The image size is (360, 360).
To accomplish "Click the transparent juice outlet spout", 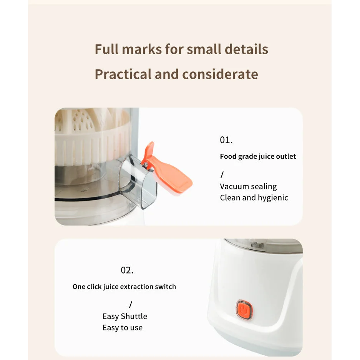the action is click(138, 182).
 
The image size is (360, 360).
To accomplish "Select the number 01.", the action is click(226, 140).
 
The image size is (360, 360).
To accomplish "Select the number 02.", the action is click(127, 270).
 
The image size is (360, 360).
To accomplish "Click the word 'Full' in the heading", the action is click(106, 49).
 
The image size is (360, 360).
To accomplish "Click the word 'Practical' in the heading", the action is click(123, 74).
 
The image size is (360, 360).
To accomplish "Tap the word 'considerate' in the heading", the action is click(220, 74).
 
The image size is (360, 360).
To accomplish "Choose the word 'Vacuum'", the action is click(233, 186).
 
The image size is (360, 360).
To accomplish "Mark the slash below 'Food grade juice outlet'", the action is click(222, 175).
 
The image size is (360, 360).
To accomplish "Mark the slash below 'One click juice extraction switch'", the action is click(131, 304).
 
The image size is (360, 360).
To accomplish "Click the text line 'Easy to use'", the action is click(123, 328).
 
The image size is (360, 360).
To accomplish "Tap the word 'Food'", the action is click(228, 156).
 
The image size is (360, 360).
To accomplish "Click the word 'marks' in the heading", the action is click(142, 49).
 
